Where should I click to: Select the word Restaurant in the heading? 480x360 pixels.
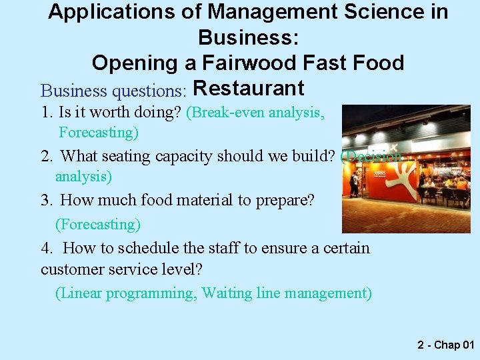click(x=248, y=88)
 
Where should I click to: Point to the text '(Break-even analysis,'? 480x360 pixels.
click(x=255, y=113)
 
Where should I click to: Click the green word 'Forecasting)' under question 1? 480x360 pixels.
click(x=99, y=133)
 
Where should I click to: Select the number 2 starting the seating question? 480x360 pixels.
click(x=45, y=157)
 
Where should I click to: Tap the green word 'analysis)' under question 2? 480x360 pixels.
click(x=83, y=177)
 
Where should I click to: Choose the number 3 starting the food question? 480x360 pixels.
click(x=45, y=200)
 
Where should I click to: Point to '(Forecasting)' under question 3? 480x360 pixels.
click(x=98, y=224)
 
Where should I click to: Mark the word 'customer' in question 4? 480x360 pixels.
click(x=73, y=269)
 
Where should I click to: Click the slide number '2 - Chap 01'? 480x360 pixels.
click(x=445, y=345)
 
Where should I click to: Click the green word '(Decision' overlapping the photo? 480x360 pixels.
click(x=371, y=157)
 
